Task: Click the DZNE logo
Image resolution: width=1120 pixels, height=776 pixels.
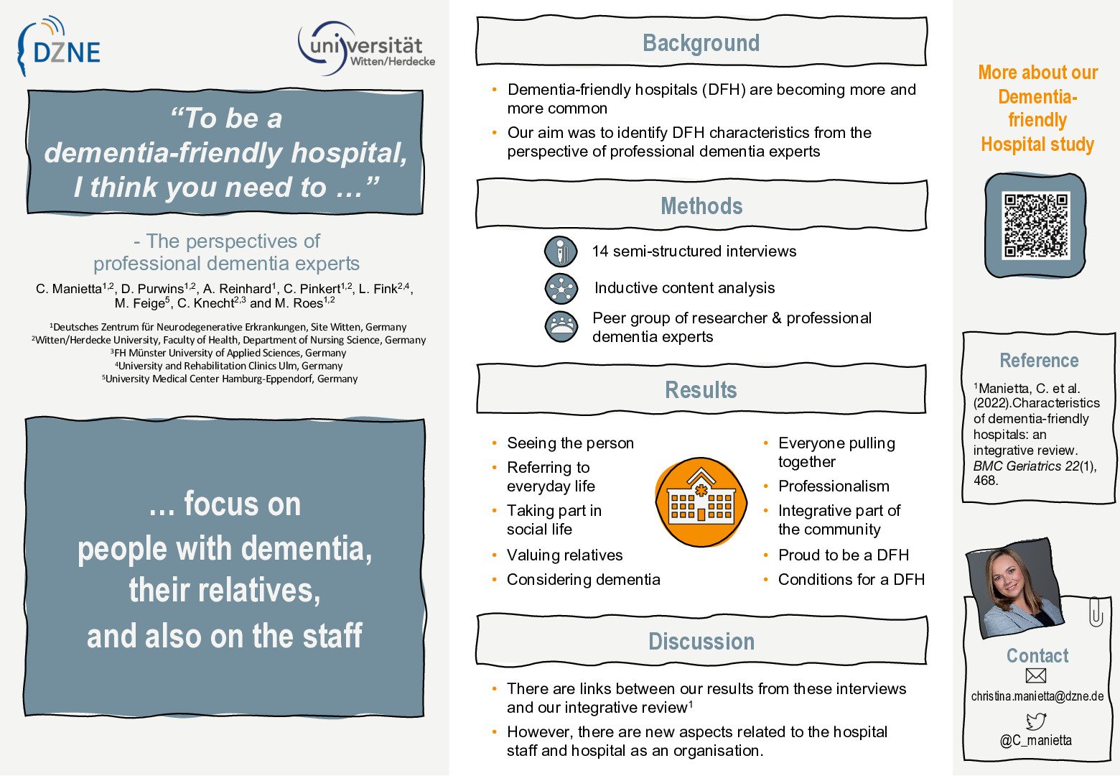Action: pyautogui.click(x=59, y=48)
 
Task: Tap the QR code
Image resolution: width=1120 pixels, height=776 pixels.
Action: pyautogui.click(x=1036, y=225)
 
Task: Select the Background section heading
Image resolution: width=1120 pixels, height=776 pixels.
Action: pyautogui.click(x=701, y=43)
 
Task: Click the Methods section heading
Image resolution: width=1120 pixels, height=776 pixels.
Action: pyautogui.click(x=701, y=206)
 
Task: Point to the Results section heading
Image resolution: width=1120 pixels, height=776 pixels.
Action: pyautogui.click(x=701, y=390)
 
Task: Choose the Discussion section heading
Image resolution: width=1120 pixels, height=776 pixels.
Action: pyautogui.click(x=701, y=642)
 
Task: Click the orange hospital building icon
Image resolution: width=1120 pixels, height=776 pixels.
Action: pyautogui.click(x=701, y=502)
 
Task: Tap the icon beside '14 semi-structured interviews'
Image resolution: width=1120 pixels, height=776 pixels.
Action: pyautogui.click(x=561, y=251)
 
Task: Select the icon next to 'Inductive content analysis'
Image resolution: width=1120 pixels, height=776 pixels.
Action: pyautogui.click(x=561, y=288)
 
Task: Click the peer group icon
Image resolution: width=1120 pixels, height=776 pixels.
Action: pyautogui.click(x=561, y=326)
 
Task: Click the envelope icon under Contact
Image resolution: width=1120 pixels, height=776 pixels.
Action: pyautogui.click(x=1036, y=675)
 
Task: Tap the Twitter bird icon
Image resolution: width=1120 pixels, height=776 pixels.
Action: pyautogui.click(x=1036, y=720)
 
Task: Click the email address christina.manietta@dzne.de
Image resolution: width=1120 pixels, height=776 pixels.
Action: pyautogui.click(x=1037, y=696)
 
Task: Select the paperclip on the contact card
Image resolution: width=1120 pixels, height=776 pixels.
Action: pyautogui.click(x=1096, y=612)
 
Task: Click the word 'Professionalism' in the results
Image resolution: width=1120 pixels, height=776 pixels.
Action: pyautogui.click(x=834, y=486)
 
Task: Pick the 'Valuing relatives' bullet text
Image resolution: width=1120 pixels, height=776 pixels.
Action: pyautogui.click(x=564, y=555)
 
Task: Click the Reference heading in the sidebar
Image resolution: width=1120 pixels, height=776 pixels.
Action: pyautogui.click(x=1039, y=361)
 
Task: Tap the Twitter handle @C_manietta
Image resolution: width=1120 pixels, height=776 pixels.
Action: pyautogui.click(x=1036, y=740)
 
